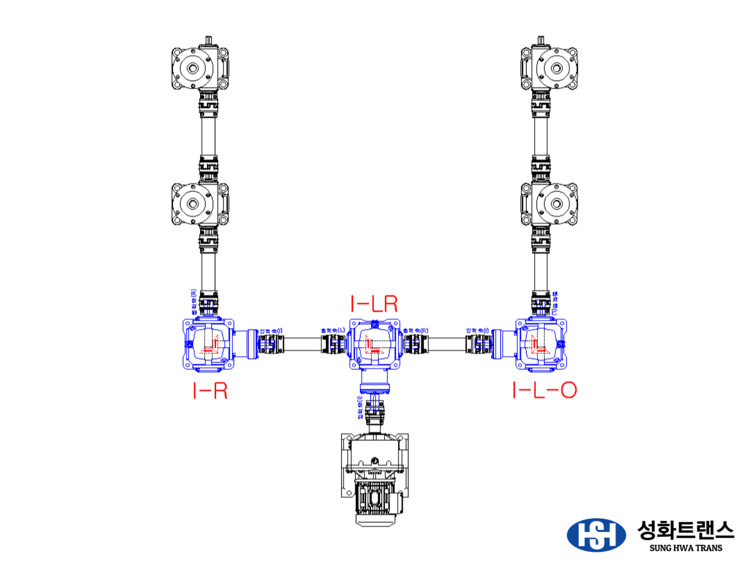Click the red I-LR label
pyautogui.click(x=374, y=304)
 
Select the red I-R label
pyautogui.click(x=209, y=390)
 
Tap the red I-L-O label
pyautogui.click(x=544, y=390)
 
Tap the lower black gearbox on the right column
pyautogui.click(x=549, y=204)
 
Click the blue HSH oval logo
pyautogui.click(x=596, y=534)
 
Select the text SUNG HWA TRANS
pyautogui.click(x=685, y=549)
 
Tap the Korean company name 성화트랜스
pyautogui.click(x=685, y=530)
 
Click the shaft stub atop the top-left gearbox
pyautogui.click(x=209, y=41)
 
